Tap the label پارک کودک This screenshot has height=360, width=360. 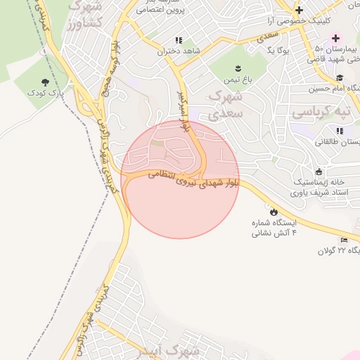coord(46,92)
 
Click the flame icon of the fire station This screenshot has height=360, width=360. coord(273,211)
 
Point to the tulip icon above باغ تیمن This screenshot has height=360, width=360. coord(238,68)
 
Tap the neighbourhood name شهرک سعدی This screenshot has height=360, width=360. coord(226,103)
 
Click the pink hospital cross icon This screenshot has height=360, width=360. coord(335,37)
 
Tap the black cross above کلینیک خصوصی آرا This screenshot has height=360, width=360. coord(300,10)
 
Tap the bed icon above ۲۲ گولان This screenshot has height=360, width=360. coord(344,240)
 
